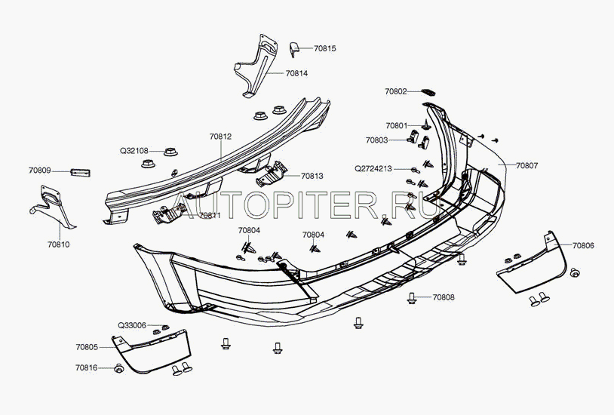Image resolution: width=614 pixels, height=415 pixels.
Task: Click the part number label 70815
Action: click(325, 48)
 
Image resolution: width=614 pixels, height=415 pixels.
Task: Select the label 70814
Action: click(296, 74)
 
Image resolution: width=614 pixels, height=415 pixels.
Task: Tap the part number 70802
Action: click(395, 91)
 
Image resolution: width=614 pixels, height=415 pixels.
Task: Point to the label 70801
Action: click(397, 125)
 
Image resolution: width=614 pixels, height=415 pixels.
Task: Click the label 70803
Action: click(376, 140)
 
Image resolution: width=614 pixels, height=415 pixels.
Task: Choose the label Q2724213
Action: click(373, 168)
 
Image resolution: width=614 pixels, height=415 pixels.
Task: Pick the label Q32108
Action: click(134, 150)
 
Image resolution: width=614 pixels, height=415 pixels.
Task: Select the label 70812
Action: click(220, 137)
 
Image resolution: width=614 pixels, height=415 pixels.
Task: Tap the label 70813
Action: click(312, 177)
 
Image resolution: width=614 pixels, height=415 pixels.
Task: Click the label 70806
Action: click(582, 246)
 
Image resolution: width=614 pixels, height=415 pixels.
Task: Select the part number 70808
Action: click(444, 297)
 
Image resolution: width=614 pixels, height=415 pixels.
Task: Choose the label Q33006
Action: click(131, 325)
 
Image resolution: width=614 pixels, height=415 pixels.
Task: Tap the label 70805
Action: click(86, 347)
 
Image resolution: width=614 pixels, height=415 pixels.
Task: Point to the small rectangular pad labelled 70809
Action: click(80, 171)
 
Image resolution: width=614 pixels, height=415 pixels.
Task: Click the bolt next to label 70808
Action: click(412, 297)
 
